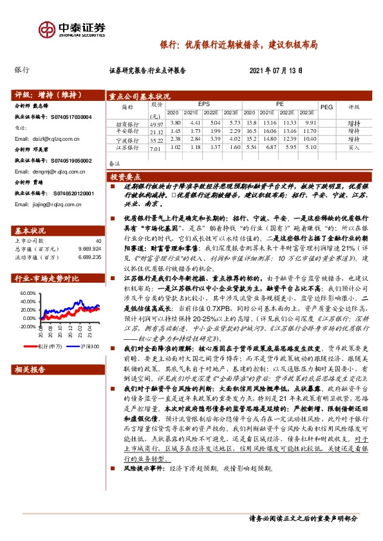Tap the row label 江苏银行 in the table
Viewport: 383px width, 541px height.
click(x=127, y=148)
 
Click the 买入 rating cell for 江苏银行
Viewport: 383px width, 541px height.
click(x=353, y=147)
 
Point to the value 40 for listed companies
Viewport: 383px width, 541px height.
click(x=98, y=240)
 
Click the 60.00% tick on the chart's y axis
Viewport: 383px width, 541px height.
click(x=28, y=293)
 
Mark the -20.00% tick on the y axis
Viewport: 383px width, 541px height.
click(x=28, y=326)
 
